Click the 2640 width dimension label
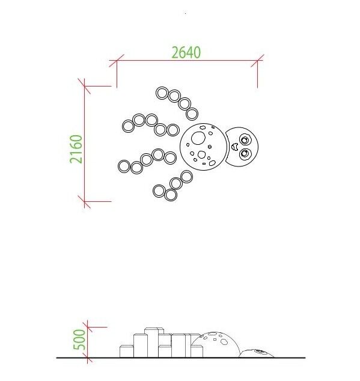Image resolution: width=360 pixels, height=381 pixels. [x=186, y=52]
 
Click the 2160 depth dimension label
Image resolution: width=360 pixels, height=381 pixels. [x=76, y=149]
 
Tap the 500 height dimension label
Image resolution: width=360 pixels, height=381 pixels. [x=79, y=340]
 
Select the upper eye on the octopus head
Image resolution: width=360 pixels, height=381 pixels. [x=245, y=140]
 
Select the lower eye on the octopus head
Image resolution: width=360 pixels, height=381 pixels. [x=245, y=154]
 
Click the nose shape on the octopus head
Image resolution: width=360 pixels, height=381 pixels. [x=234, y=147]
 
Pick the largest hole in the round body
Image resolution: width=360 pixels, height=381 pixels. [x=198, y=138]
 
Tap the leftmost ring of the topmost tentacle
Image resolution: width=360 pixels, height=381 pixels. [x=162, y=93]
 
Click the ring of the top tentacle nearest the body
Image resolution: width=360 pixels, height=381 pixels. [x=192, y=114]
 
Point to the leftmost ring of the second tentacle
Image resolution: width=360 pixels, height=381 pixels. [x=128, y=126]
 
